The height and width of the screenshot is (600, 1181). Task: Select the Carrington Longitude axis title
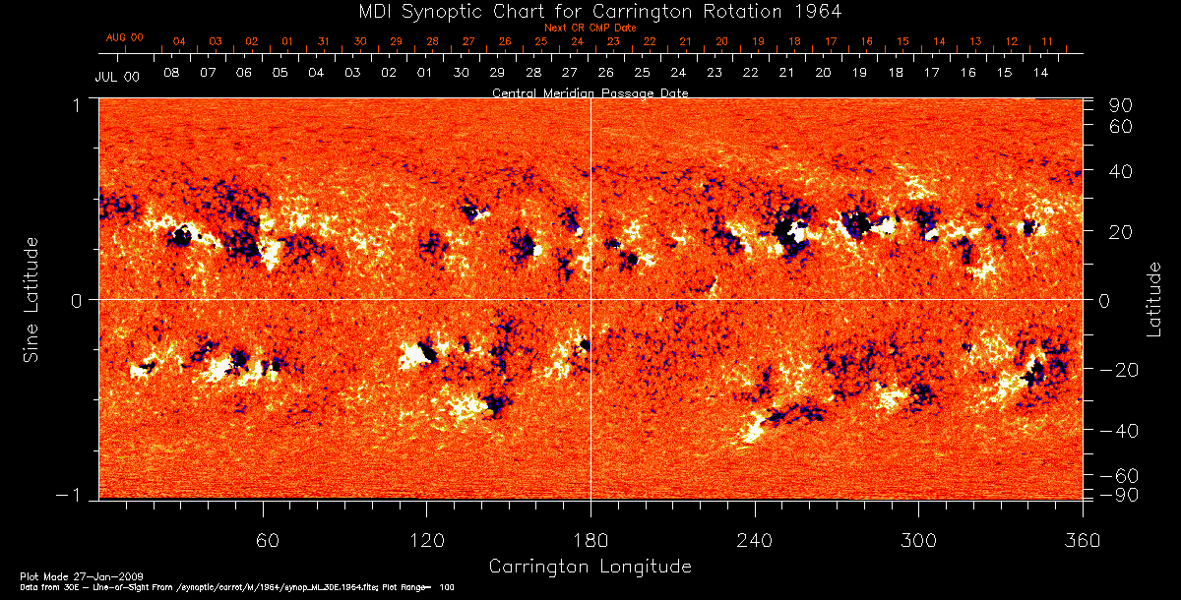tap(590, 567)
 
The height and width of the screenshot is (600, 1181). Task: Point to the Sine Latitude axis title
tap(31, 299)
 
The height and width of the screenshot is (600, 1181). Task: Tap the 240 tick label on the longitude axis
tap(754, 540)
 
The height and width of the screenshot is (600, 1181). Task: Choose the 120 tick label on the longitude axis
tap(426, 540)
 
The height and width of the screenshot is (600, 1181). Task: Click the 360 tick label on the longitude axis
tap(1082, 540)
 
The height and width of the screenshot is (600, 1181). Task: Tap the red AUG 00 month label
tap(125, 37)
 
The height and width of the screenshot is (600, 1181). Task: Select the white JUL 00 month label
tap(115, 76)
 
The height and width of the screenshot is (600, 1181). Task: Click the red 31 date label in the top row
tap(324, 42)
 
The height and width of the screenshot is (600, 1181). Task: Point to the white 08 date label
tap(171, 73)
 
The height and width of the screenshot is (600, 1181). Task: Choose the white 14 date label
tap(1040, 73)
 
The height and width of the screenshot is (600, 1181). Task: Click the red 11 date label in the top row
tap(1047, 42)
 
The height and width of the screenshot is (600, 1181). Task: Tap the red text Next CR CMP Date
tap(590, 28)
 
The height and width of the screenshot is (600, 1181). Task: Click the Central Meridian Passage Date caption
tap(590, 92)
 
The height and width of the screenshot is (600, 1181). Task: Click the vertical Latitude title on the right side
tap(1153, 299)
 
